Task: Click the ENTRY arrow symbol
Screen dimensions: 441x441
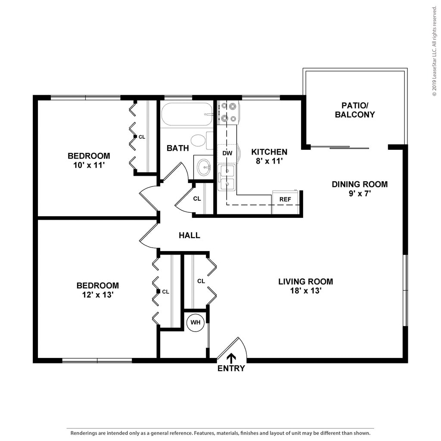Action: click(x=231, y=357)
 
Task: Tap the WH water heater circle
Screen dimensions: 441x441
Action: click(x=196, y=322)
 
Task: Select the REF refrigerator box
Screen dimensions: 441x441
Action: click(x=285, y=199)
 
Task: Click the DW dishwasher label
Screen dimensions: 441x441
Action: click(x=227, y=153)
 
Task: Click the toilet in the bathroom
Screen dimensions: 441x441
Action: click(x=200, y=140)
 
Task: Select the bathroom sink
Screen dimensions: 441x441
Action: click(x=203, y=166)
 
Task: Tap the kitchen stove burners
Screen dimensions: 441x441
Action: click(x=228, y=112)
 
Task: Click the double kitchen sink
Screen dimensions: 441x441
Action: click(x=227, y=177)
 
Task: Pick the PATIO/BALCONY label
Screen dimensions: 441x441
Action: click(x=355, y=110)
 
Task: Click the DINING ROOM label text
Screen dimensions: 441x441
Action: click(x=359, y=184)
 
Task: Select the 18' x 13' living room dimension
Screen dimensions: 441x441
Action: click(x=305, y=291)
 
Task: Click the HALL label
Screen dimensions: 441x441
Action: click(x=189, y=235)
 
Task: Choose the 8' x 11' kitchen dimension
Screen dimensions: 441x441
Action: click(x=269, y=161)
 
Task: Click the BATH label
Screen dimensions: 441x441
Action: click(x=177, y=148)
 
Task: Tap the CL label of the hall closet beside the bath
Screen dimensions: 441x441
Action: click(x=197, y=199)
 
